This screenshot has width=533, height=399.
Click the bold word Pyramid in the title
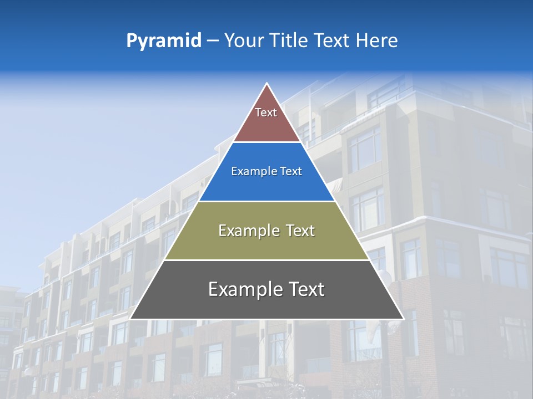tap(164, 41)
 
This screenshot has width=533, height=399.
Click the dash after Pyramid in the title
tap(213, 41)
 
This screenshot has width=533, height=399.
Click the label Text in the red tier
tap(266, 112)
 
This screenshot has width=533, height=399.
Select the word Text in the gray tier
tap(307, 289)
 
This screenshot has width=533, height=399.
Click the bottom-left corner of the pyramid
tap(130, 319)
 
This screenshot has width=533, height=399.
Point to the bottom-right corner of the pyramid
tap(404, 319)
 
